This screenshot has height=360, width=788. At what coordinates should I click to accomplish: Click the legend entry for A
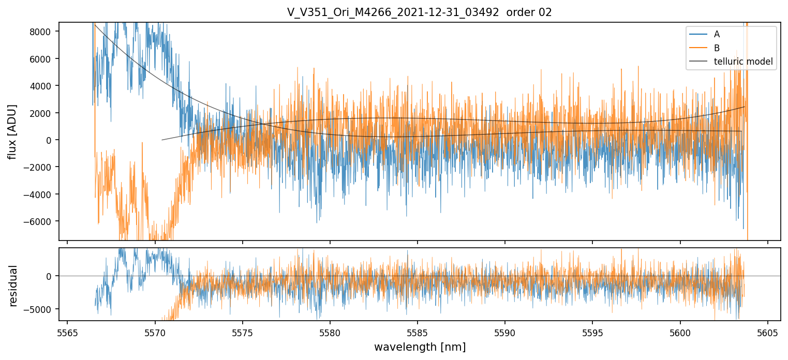pyautogui.click(x=717, y=35)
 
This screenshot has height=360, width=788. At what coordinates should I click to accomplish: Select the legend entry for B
pyautogui.click(x=717, y=48)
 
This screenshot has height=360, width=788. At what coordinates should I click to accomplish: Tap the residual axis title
pyautogui.click(x=13, y=286)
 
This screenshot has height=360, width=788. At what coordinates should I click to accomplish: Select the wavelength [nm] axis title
pyautogui.click(x=420, y=347)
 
